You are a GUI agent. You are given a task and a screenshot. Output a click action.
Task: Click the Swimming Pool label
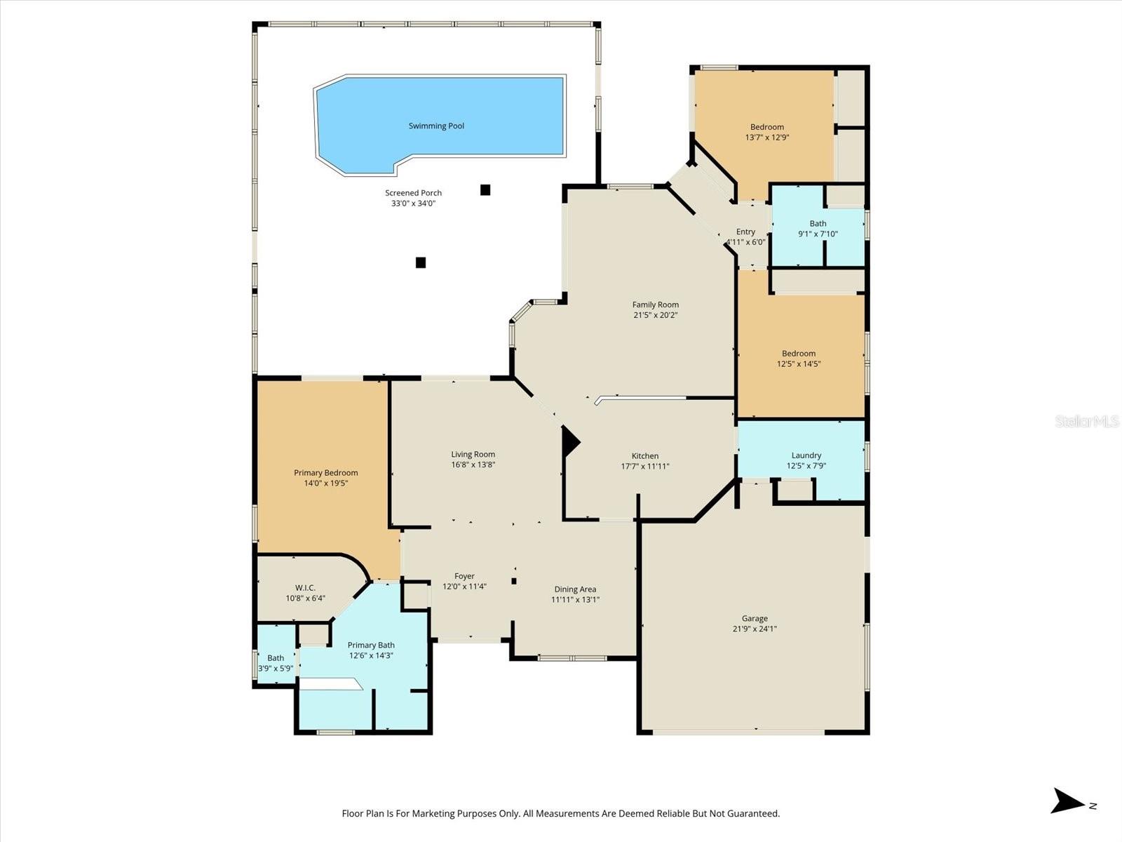pyautogui.click(x=436, y=126)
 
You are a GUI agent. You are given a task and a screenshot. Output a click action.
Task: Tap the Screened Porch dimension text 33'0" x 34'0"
pyautogui.click(x=413, y=203)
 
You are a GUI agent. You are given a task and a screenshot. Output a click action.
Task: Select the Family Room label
pyautogui.click(x=655, y=305)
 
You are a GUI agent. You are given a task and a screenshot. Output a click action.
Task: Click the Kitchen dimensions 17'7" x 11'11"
pyautogui.click(x=645, y=466)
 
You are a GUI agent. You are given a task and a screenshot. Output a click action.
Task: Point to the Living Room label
pyautogui.click(x=473, y=454)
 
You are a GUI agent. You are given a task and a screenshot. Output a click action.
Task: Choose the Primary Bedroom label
pyautogui.click(x=325, y=473)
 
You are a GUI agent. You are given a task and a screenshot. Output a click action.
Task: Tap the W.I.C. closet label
pyautogui.click(x=305, y=588)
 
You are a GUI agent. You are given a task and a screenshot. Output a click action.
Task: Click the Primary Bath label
pyautogui.click(x=371, y=645)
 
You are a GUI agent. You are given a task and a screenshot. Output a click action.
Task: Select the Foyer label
pyautogui.click(x=464, y=576)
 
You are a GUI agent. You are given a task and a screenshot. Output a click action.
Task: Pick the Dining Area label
pyautogui.click(x=575, y=589)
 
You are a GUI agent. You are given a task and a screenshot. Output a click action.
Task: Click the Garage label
pyautogui.click(x=755, y=618)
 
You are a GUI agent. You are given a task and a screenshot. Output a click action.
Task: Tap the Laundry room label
pyautogui.click(x=806, y=455)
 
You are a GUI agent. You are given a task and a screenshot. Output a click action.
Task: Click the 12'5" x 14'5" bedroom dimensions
pyautogui.click(x=798, y=364)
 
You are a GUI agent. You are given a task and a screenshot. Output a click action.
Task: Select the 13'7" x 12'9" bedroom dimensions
pyautogui.click(x=766, y=138)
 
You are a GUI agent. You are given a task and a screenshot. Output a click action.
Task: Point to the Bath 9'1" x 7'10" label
pyautogui.click(x=818, y=224)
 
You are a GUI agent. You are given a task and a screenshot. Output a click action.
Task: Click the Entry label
pyautogui.click(x=745, y=232)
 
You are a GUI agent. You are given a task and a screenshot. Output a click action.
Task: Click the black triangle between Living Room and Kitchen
pyautogui.click(x=570, y=441)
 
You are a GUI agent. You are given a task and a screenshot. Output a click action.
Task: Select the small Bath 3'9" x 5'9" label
pyautogui.click(x=276, y=658)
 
